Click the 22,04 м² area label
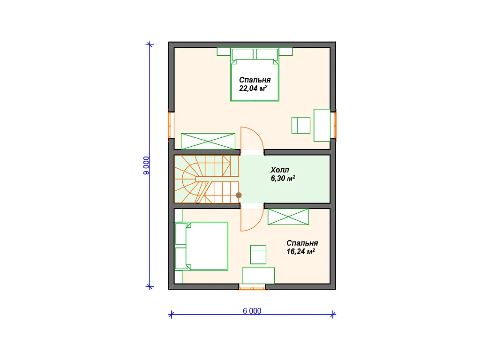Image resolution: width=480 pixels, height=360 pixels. pos(253,88)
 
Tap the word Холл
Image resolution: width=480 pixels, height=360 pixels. pos(279,170)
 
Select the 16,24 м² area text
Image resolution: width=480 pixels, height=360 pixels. pos(300,251)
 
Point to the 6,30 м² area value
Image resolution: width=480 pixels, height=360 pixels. pos(283,178)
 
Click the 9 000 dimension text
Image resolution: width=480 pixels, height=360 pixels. pos(146,165)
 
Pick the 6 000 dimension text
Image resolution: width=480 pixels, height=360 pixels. pos(252,311)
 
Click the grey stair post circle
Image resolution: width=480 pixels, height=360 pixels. pos(239,195)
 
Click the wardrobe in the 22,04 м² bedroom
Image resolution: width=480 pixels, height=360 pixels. pos(208,142)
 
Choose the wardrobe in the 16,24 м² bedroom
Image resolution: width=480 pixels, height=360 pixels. pos(288,217)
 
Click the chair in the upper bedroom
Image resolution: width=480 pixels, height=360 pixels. pos(301,125)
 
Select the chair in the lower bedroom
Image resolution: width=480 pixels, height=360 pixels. pos(258,255)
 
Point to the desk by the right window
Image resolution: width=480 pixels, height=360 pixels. pos(322,125)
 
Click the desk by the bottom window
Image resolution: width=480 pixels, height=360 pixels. pos(258,276)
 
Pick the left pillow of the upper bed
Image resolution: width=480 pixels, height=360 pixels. pos(243,54)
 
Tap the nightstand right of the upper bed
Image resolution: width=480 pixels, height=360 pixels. pos(285,52)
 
